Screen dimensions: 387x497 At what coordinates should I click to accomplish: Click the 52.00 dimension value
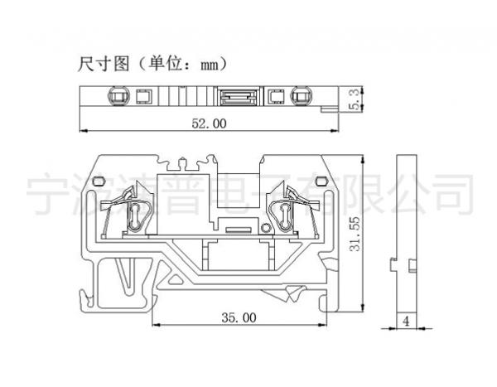(209, 123)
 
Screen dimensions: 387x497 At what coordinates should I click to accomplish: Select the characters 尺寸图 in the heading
(103, 62)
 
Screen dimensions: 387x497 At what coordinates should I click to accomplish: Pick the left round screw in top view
(117, 97)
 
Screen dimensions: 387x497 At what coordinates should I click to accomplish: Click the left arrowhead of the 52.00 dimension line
(81, 131)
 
